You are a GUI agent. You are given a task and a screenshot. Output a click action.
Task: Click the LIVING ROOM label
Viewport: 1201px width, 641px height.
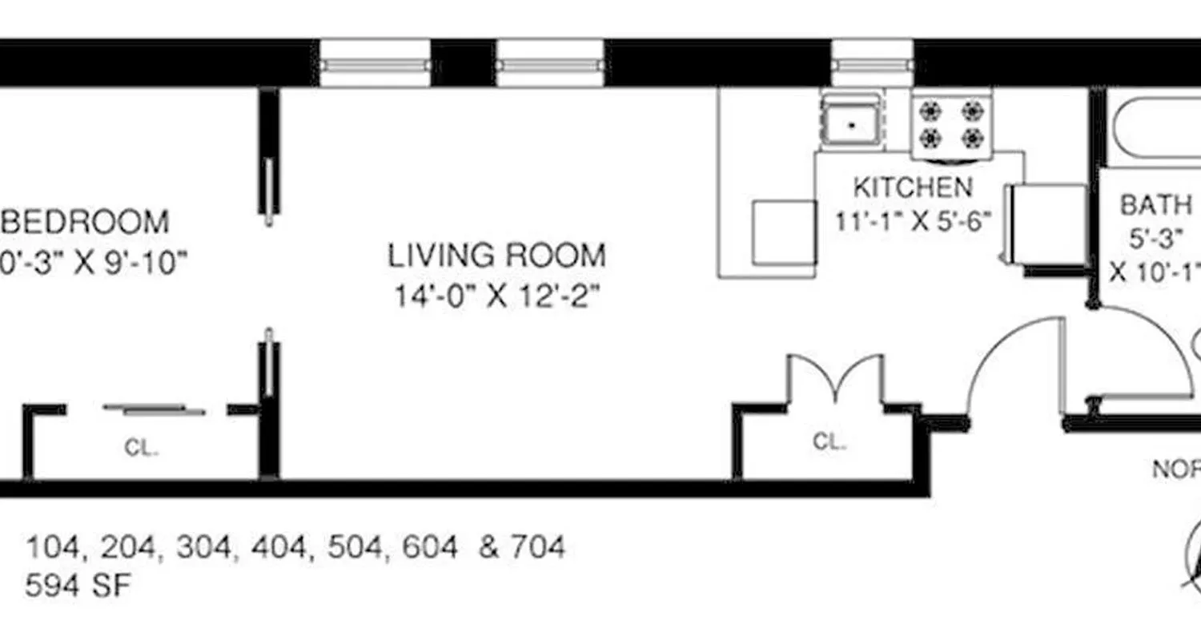click(x=496, y=256)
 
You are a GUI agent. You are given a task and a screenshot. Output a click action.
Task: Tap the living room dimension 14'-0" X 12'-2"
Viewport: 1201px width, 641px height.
click(x=496, y=297)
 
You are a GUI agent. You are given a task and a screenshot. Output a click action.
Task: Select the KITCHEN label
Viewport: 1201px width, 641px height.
click(x=913, y=187)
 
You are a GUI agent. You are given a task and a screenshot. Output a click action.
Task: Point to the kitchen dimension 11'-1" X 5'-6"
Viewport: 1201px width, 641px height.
click(x=913, y=220)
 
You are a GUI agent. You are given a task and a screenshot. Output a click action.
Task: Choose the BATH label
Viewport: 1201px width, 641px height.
click(x=1155, y=205)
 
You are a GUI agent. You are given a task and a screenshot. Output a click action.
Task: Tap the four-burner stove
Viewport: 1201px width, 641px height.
click(x=951, y=124)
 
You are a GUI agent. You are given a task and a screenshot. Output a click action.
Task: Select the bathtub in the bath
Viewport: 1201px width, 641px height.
click(x=1153, y=128)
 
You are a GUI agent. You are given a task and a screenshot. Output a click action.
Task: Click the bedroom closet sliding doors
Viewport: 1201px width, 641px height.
click(x=154, y=409)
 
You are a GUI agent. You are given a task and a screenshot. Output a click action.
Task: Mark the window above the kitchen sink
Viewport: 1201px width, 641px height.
click(x=872, y=62)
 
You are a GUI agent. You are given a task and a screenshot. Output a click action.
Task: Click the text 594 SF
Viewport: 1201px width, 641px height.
click(x=77, y=587)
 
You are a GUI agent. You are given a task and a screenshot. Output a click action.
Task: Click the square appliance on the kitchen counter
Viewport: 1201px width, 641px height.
click(x=783, y=233)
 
